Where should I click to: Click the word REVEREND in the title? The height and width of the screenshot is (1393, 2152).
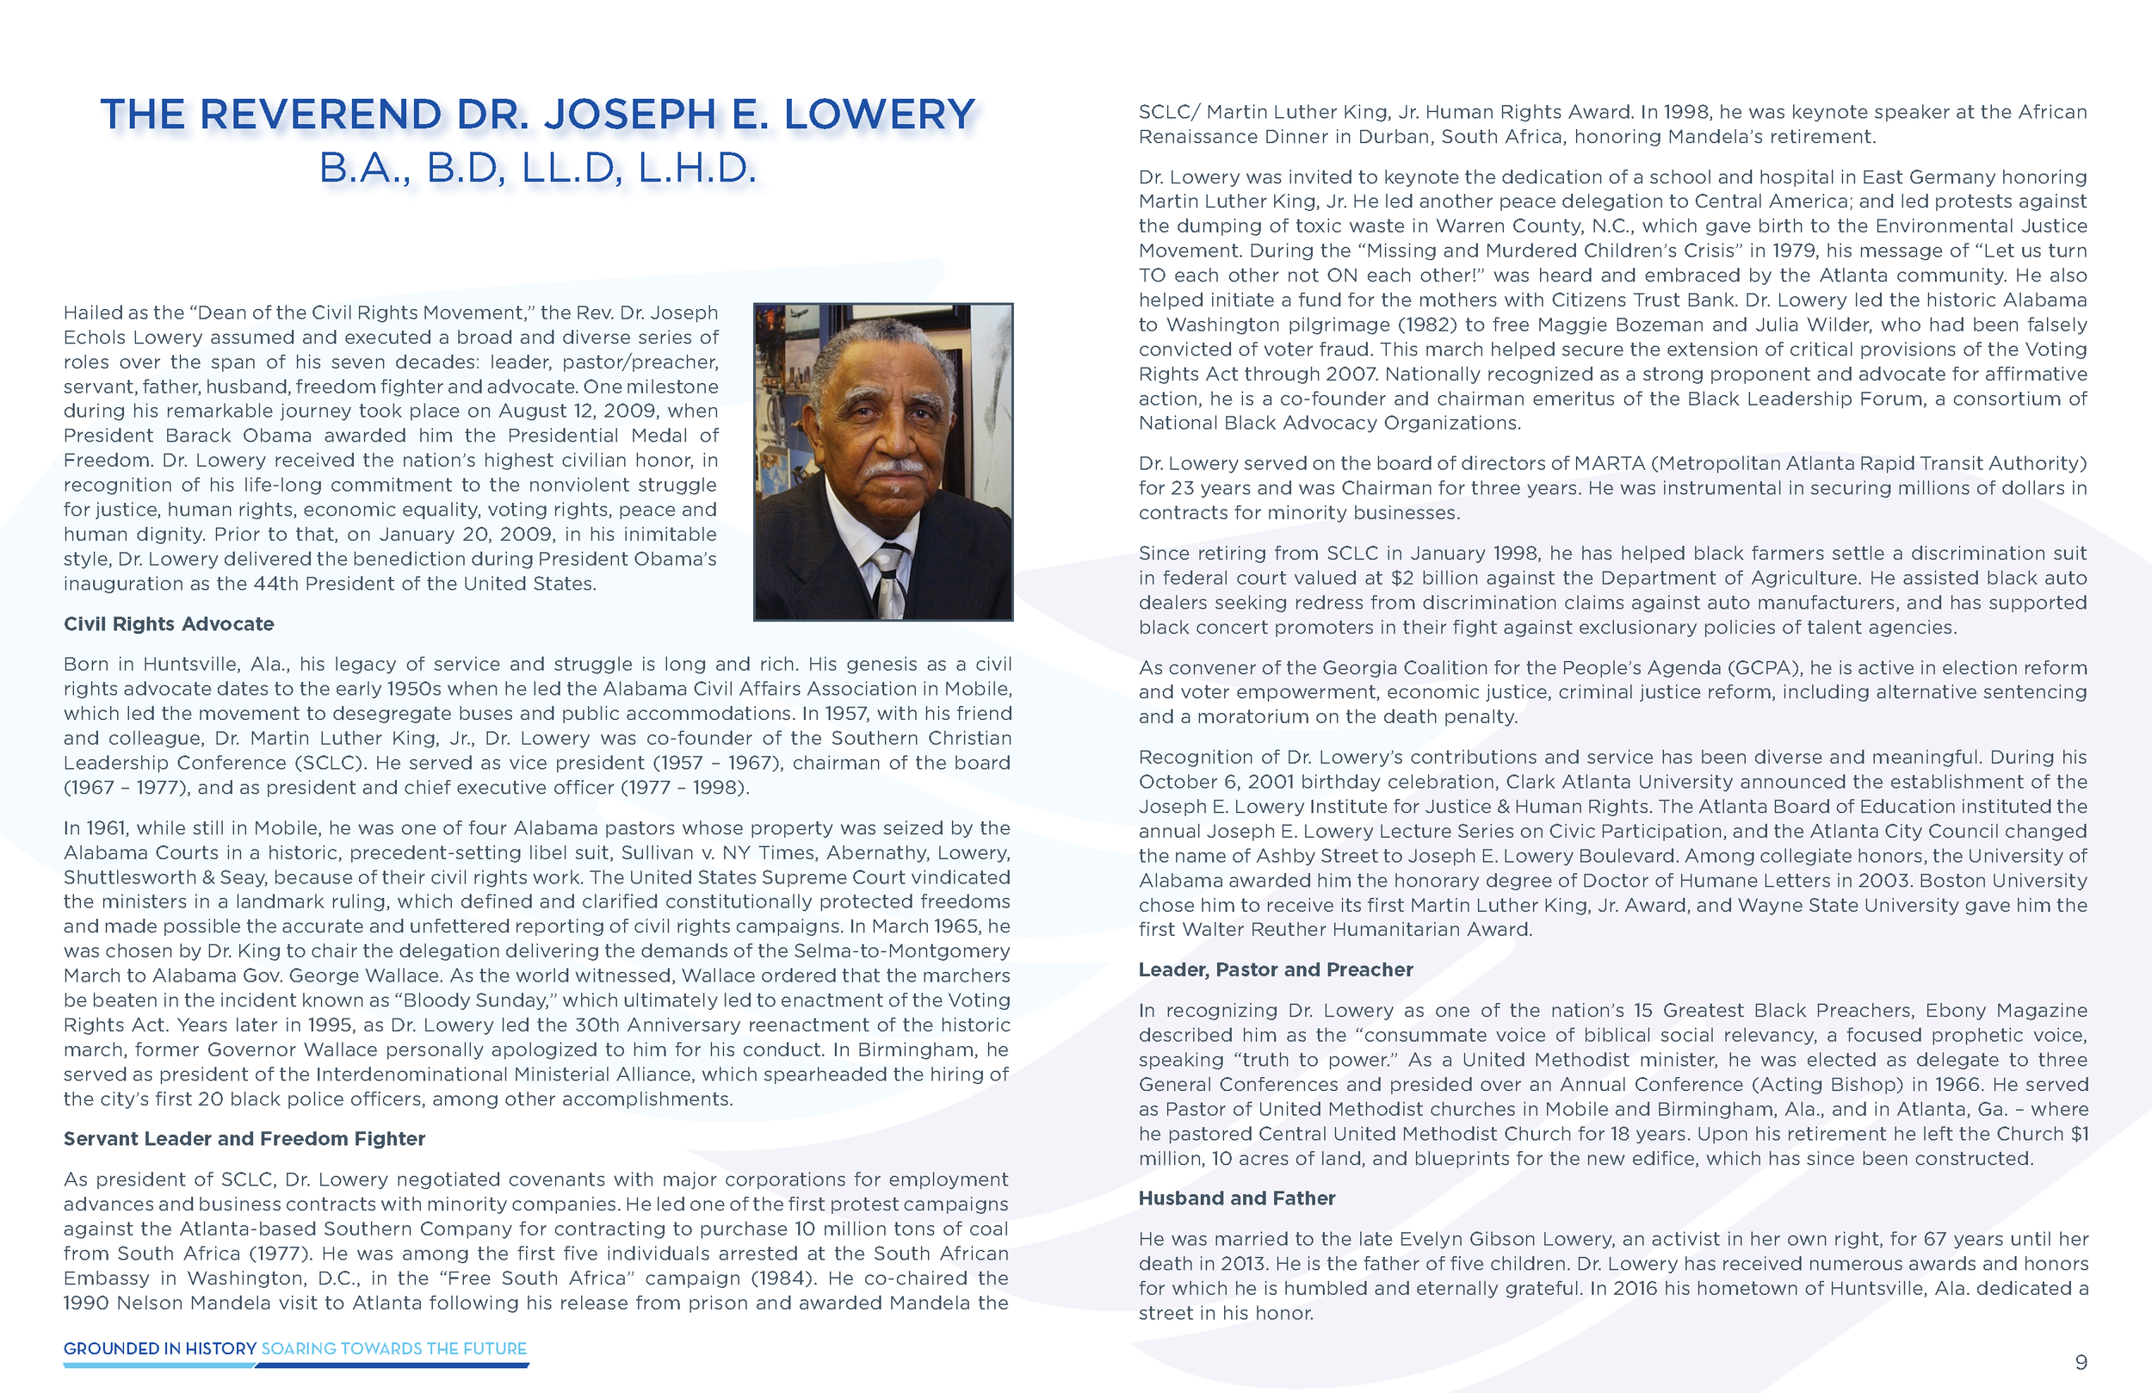tap(320, 115)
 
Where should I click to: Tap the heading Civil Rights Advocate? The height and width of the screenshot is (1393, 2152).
tap(168, 624)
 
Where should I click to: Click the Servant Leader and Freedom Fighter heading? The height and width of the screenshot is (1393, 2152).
tap(244, 1139)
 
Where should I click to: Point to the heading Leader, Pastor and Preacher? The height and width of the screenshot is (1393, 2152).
tap(1275, 969)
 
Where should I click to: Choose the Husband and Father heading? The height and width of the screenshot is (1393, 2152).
tap(1236, 1198)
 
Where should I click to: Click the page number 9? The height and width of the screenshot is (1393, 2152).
tap(2081, 1362)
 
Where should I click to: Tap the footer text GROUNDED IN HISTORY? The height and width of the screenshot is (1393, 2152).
tap(160, 1349)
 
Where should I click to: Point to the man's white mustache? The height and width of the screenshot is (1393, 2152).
tap(894, 468)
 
